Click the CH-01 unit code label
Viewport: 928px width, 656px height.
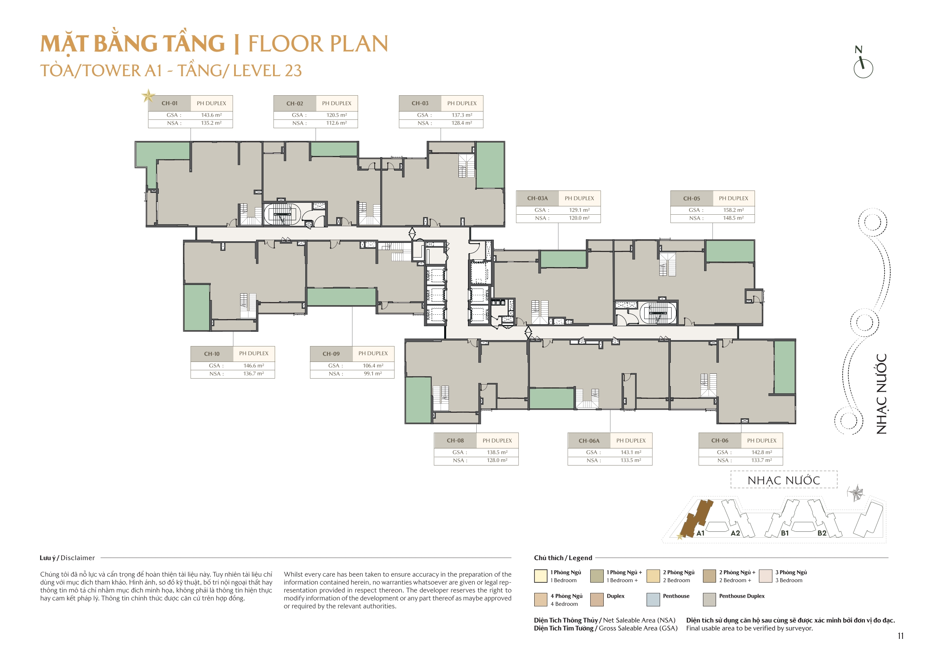[169, 103]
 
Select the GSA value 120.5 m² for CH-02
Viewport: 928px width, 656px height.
[336, 115]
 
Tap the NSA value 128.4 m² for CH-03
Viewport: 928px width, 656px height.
[462, 123]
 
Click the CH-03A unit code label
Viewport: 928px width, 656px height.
[537, 198]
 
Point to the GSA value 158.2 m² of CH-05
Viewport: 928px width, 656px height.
[733, 210]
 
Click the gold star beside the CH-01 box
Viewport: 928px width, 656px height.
[148, 96]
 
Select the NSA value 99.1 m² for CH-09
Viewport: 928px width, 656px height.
[373, 373]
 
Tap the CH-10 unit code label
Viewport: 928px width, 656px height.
[212, 354]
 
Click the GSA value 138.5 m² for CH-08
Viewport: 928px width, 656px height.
[497, 452]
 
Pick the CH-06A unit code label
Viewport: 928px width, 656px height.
[589, 441]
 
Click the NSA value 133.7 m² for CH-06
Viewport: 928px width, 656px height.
[761, 460]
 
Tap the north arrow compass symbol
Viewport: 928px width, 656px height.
[863, 65]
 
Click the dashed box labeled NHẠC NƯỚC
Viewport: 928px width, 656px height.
[783, 480]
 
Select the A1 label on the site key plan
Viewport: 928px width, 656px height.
[701, 533]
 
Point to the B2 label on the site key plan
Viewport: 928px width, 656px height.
[822, 533]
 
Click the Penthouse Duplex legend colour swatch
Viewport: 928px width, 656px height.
[709, 599]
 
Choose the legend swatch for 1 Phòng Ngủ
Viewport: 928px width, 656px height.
[540, 576]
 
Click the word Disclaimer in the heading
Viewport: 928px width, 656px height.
[78, 558]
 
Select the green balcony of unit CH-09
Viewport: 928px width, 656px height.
[341, 297]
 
